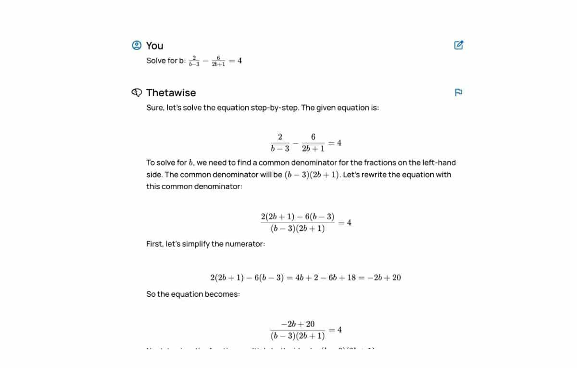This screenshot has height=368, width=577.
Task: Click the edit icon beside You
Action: click(459, 45)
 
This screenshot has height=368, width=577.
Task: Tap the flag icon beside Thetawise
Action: click(458, 92)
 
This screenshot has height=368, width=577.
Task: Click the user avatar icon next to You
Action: click(137, 45)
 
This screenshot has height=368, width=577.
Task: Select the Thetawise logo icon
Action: click(137, 92)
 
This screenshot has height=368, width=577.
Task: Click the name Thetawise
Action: click(171, 93)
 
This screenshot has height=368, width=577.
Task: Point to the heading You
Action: click(154, 46)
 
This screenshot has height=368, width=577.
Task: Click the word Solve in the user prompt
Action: click(156, 61)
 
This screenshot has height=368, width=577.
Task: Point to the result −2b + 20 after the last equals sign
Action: click(384, 278)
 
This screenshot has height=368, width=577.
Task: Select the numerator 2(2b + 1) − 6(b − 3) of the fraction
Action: click(298, 216)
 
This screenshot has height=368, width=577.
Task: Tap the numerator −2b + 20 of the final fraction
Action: click(298, 324)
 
